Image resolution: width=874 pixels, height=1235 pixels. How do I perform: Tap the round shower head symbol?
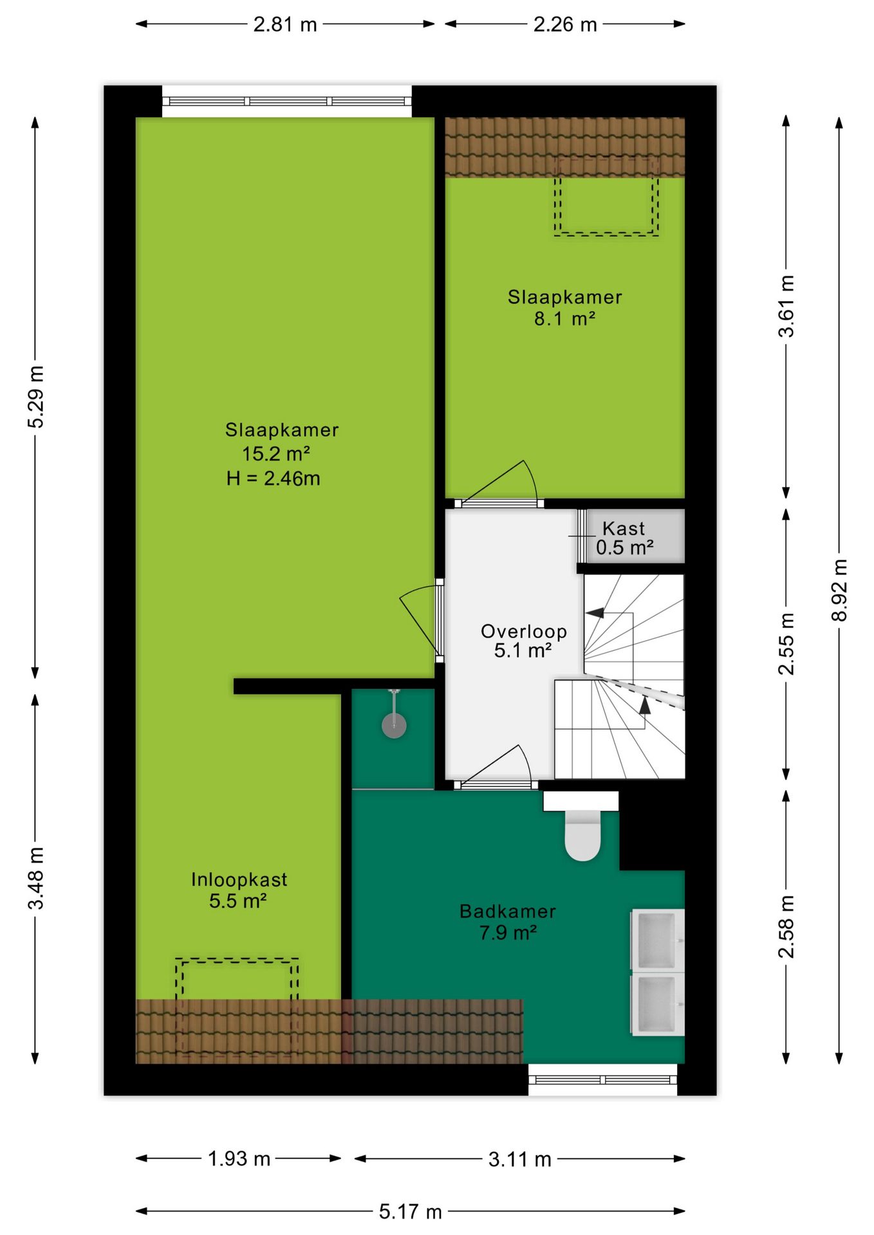pyautogui.click(x=394, y=726)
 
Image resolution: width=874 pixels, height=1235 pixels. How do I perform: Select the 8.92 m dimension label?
pyautogui.click(x=839, y=590)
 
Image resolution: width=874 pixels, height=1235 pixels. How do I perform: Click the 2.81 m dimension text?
pyautogui.click(x=285, y=24)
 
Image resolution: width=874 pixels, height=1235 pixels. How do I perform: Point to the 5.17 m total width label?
pyautogui.click(x=410, y=1212)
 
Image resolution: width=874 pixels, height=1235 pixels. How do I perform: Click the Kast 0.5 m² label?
pyautogui.click(x=624, y=538)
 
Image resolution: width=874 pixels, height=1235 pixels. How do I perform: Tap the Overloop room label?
pyautogui.click(x=524, y=631)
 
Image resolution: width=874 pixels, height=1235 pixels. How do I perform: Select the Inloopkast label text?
pyautogui.click(x=239, y=879)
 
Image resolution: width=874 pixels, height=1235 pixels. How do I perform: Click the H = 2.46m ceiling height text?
pyautogui.click(x=273, y=479)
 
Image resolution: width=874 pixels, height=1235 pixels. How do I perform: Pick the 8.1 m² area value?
pyautogui.click(x=564, y=318)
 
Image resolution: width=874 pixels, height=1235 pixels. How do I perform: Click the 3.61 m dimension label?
pyautogui.click(x=786, y=306)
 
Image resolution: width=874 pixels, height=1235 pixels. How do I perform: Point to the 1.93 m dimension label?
pyautogui.click(x=239, y=1158)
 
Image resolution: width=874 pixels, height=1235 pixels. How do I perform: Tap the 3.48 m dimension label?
pyautogui.click(x=36, y=878)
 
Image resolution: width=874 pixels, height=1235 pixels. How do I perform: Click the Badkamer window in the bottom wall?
pyautogui.click(x=602, y=1079)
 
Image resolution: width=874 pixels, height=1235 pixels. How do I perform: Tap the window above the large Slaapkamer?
pyautogui.click(x=286, y=102)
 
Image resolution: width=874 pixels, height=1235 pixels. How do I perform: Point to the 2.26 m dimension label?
pyautogui.click(x=565, y=24)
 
